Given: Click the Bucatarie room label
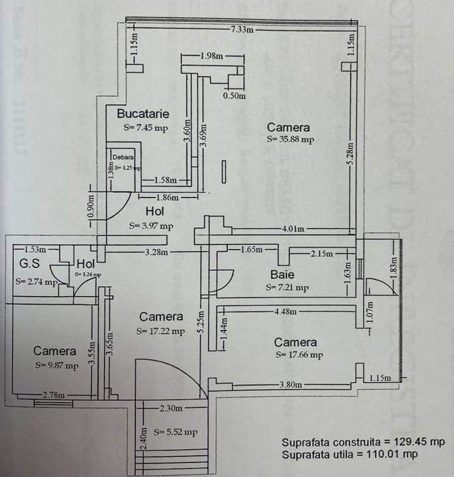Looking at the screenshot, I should pos(139,113).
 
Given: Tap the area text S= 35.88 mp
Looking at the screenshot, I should pos(290,139).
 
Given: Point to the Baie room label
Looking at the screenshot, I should pos(282,274).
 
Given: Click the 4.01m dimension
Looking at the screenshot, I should pos(292,229).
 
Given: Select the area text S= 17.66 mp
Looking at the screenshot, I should pos(298,355).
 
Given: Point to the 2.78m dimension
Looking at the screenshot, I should pos(54,395).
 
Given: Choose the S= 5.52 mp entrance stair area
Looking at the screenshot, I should pos(176,431).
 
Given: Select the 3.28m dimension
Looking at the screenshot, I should pos(157,252).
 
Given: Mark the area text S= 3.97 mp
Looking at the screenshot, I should pos(151,226).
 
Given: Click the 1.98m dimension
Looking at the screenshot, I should pos(213,56).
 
